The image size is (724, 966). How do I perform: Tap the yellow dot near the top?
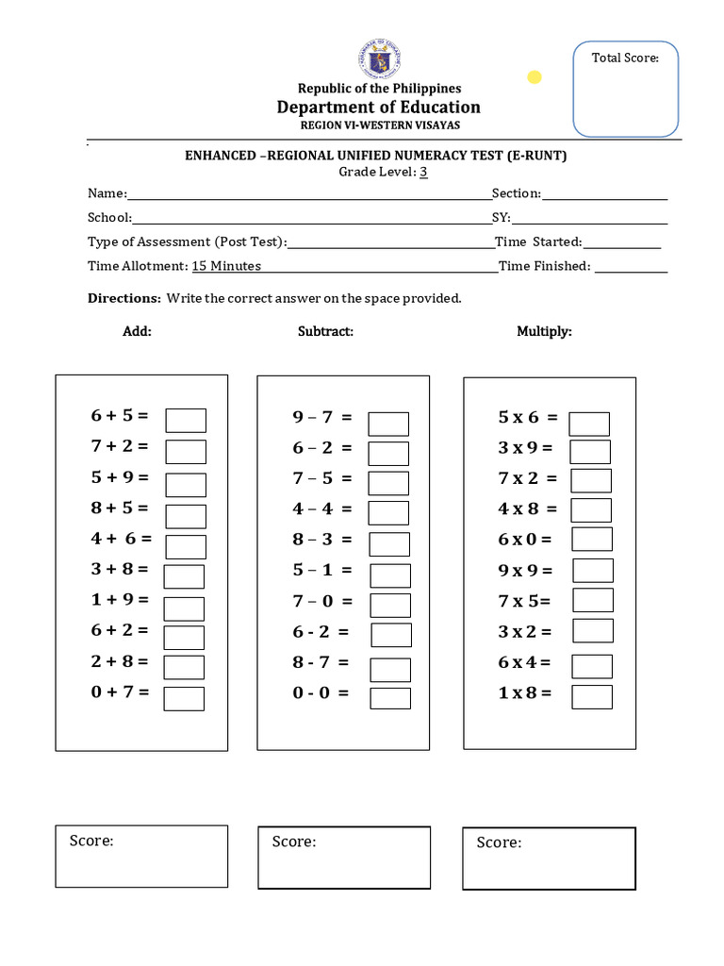[535, 77]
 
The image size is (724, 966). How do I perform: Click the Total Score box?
[625, 89]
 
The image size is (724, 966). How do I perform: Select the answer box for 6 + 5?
[186, 420]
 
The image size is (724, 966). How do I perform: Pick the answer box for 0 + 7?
[184, 698]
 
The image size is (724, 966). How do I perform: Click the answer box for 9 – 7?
[388, 424]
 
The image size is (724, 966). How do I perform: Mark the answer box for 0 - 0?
[390, 698]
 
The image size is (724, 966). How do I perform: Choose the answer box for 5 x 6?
[589, 424]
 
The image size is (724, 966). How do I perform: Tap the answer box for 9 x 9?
[593, 570]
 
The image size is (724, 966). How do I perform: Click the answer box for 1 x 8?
[592, 696]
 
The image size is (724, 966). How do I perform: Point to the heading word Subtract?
[325, 331]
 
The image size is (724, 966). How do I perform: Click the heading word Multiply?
[544, 331]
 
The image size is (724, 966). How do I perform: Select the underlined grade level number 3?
[424, 172]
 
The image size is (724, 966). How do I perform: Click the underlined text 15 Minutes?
[226, 266]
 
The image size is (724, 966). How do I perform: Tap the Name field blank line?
[309, 195]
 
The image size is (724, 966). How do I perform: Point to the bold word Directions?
[124, 298]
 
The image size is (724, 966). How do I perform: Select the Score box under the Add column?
[141, 856]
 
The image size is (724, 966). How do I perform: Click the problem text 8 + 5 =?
[120, 508]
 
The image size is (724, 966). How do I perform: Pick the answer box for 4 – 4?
[388, 512]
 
